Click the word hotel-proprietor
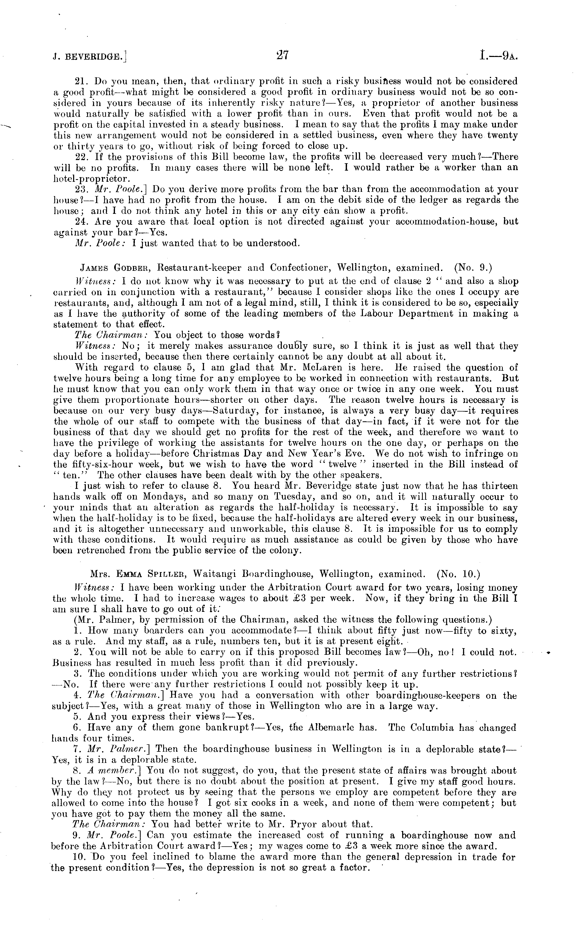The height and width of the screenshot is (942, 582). tap(92, 179)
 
